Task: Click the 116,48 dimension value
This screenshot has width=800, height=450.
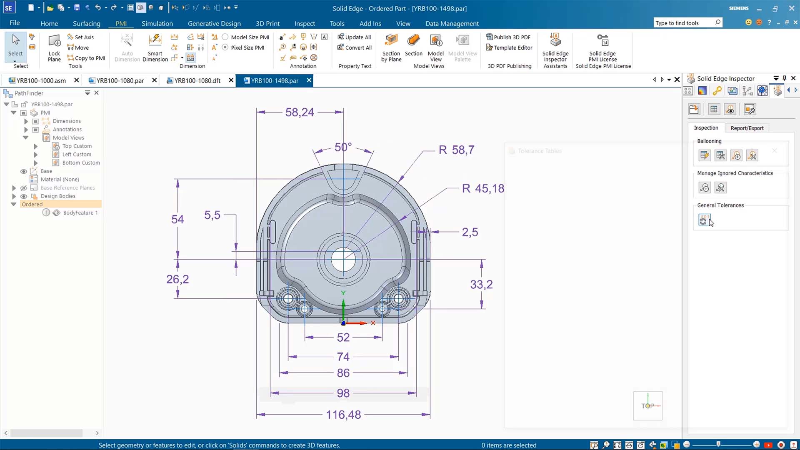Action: [343, 415]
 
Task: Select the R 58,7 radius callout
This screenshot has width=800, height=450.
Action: [456, 150]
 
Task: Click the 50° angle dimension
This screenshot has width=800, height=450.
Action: [343, 147]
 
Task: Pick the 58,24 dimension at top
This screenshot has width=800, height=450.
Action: [299, 112]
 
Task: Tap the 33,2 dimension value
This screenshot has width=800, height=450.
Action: [481, 285]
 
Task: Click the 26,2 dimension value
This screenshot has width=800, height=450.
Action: [177, 279]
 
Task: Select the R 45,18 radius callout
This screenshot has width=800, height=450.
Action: [483, 189]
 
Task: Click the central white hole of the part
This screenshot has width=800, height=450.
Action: [343, 259]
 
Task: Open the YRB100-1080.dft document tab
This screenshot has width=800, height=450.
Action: [197, 80]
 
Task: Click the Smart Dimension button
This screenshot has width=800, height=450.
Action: [155, 48]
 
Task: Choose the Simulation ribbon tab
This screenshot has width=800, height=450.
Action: [157, 23]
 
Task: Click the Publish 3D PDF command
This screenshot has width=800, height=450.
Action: [508, 37]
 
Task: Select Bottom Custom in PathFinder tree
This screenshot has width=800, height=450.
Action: [81, 163]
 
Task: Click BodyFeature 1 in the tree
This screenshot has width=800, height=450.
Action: [80, 213]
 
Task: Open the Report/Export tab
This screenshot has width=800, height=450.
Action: [747, 128]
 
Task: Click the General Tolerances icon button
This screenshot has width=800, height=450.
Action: [704, 220]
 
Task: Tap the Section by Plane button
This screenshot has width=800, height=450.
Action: [391, 48]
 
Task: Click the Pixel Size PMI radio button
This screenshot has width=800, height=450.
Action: [225, 47]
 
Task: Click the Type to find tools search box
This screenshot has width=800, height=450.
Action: [683, 23]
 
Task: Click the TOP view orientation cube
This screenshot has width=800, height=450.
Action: [647, 405]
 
